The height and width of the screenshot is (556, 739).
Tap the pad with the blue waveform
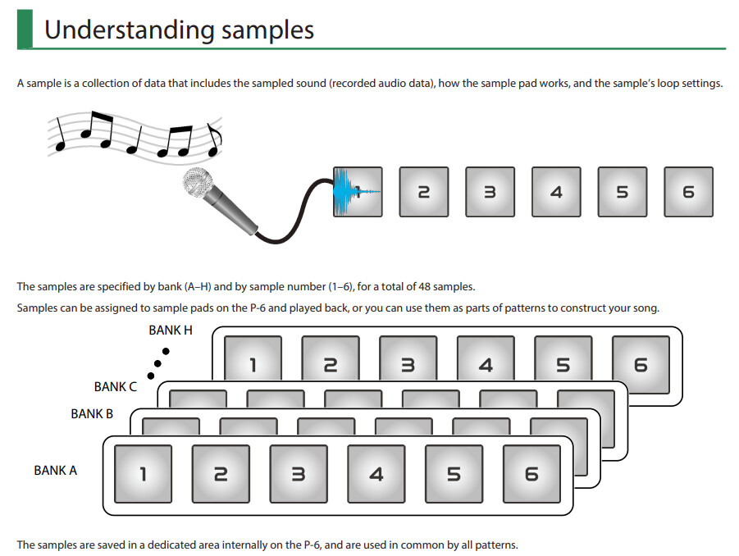[358, 192]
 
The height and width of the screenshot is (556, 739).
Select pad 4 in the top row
[556, 192]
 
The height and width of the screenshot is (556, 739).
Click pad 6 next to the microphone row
[688, 192]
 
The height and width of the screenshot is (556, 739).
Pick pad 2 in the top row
[424, 192]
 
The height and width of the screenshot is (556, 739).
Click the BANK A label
[56, 471]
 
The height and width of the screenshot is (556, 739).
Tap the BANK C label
[116, 386]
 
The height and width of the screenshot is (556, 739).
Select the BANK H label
[171, 330]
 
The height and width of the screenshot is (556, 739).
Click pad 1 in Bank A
[143, 473]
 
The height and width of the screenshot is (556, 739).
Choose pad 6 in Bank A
[531, 473]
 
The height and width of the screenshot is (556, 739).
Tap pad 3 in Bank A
[299, 473]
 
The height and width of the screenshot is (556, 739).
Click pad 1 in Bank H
[253, 365]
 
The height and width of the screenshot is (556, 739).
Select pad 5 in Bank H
[563, 365]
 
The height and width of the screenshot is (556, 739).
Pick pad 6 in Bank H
[641, 365]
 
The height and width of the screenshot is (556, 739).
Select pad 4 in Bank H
[486, 365]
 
